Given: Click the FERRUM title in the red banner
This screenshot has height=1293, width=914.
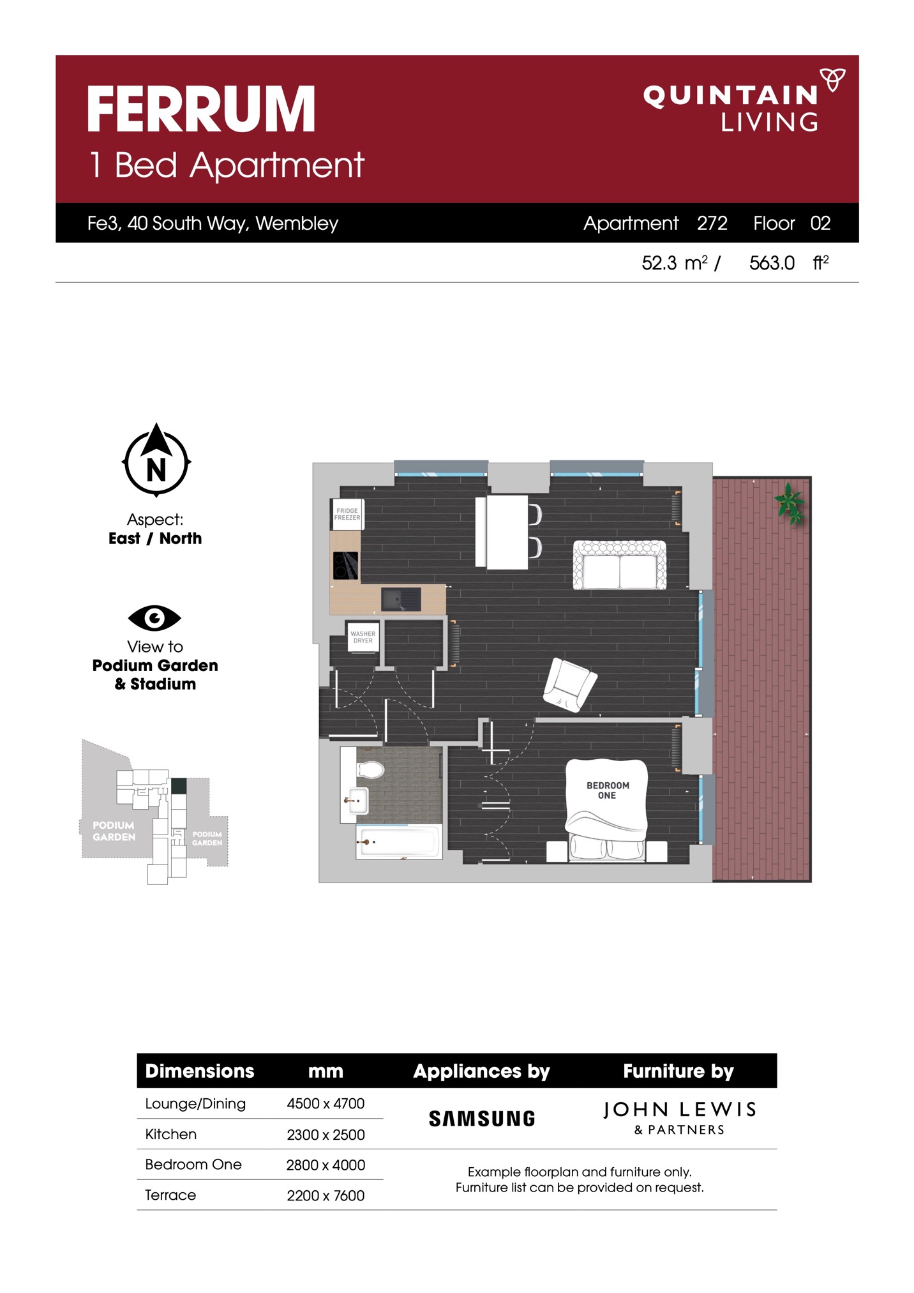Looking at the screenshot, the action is point(201,109).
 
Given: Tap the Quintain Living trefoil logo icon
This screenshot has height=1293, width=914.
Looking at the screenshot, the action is point(832,80).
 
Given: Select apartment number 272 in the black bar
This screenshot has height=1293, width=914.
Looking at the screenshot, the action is point(712,223).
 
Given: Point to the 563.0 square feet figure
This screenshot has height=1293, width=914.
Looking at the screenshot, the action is point(772,263).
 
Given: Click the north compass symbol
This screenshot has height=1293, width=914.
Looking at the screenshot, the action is point(156,460).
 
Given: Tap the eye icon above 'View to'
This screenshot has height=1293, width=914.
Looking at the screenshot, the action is point(154,617).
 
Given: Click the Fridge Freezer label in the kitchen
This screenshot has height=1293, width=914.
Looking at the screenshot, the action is point(347,514).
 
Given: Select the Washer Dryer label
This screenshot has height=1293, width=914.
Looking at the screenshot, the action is point(363,637).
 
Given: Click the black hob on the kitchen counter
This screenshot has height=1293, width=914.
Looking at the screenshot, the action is point(345,565).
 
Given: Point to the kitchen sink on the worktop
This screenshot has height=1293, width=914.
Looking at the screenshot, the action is point(401,600).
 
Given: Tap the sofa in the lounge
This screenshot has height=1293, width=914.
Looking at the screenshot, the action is point(619,565).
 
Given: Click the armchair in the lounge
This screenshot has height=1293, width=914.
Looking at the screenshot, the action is point(569,684).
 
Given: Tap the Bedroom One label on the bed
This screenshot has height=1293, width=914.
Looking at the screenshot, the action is point(608,790).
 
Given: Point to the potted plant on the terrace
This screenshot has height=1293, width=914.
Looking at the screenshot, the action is point(790,503).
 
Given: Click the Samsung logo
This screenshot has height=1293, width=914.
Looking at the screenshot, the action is point(482,1119).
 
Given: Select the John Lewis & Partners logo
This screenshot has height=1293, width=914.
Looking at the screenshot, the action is point(679,1117).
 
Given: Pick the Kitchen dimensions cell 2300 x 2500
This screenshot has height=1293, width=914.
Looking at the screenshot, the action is point(326,1135).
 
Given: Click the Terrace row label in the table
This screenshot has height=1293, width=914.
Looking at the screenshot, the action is point(170,1195).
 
